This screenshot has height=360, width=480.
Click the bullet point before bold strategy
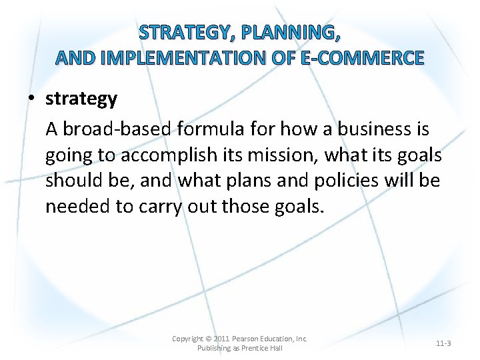pyautogui.click(x=32, y=99)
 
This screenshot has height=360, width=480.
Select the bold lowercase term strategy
pyautogui.click(x=81, y=99)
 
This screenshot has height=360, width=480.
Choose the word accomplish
pyautogui.click(x=169, y=155)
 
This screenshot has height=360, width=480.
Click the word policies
pyautogui.click(x=367, y=181)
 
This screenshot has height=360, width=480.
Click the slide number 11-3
pyautogui.click(x=443, y=343)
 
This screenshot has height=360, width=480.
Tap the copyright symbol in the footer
pyautogui.click(x=208, y=339)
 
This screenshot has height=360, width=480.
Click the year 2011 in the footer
pyautogui.click(x=221, y=339)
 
